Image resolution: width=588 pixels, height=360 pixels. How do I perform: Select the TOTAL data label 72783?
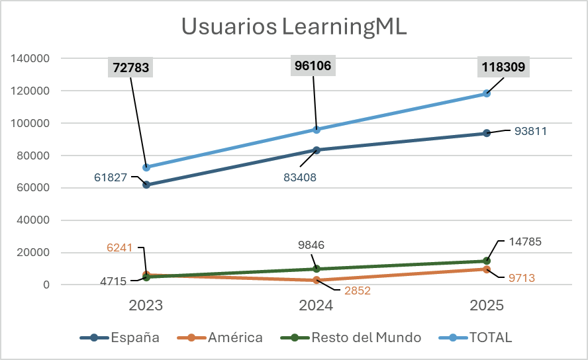[131, 67]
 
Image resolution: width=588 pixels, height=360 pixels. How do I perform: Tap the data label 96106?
[313, 65]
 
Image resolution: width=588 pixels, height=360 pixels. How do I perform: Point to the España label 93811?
[530, 131]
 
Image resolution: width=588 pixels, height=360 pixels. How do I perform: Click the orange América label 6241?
[120, 247]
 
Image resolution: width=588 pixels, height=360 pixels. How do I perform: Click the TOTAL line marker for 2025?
[487, 93]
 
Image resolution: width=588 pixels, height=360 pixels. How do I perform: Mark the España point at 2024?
[317, 150]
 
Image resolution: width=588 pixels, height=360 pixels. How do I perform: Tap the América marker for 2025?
[487, 269]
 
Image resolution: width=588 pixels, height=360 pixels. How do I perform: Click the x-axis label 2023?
[146, 306]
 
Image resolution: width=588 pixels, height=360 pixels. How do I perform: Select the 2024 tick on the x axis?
[317, 306]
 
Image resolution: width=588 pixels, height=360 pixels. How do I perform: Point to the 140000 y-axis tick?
[30, 58]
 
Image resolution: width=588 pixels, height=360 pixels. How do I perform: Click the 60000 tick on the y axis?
[33, 188]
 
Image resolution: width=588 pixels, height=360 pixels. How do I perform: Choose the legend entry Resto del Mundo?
[358, 337]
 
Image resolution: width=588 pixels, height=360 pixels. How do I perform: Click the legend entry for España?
[121, 337]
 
